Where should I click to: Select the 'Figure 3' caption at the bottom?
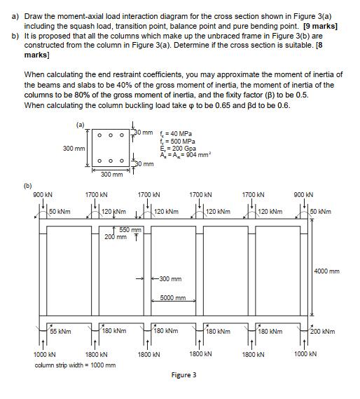pyautogui.click(x=184, y=374)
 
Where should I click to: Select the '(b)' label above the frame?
pyautogui.click(x=28, y=185)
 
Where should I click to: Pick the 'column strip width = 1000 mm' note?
pyautogui.click(x=75, y=365)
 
